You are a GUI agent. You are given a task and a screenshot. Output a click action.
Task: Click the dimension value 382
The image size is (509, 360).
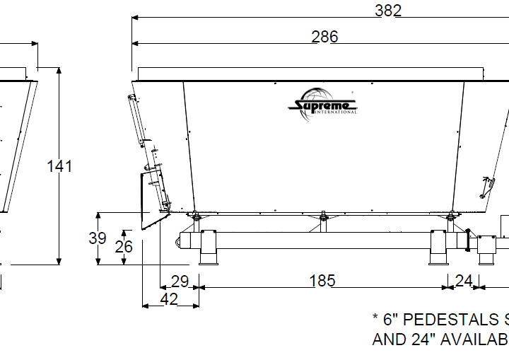(388, 10)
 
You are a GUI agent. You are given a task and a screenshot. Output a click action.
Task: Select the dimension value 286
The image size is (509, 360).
(325, 37)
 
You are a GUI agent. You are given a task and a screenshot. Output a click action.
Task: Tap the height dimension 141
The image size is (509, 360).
(59, 166)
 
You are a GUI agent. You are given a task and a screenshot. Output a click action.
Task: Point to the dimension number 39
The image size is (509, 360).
(98, 238)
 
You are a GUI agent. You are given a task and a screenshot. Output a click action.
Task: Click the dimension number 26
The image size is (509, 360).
(124, 247)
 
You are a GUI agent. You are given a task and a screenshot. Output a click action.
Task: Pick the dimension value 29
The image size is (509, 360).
(180, 281)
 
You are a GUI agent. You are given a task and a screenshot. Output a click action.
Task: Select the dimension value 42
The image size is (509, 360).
(169, 299)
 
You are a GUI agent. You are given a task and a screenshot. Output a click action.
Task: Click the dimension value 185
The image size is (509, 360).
(322, 281)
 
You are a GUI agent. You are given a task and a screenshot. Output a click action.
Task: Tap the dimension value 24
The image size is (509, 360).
(463, 281)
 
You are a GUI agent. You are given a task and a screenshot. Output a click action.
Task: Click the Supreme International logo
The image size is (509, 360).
(323, 106)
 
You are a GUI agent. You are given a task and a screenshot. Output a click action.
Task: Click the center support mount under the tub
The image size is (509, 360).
(323, 220)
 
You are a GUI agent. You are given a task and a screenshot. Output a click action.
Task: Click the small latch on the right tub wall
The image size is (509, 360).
(485, 185)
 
